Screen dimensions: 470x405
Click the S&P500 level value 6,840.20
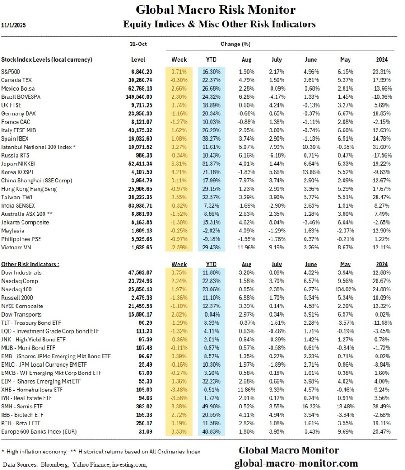tap(142, 71)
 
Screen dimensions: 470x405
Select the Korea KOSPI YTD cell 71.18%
tap(212, 172)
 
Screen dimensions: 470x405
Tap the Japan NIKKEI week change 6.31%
tap(179, 164)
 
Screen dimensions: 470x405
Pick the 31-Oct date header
tap(139, 45)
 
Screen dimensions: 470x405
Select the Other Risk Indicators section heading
tap(30, 264)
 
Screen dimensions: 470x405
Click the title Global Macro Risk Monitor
tap(215, 10)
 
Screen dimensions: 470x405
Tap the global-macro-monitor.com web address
tap(296, 463)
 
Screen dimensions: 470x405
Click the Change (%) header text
tap(235, 45)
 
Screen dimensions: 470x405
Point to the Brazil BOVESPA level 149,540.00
tap(139, 96)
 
